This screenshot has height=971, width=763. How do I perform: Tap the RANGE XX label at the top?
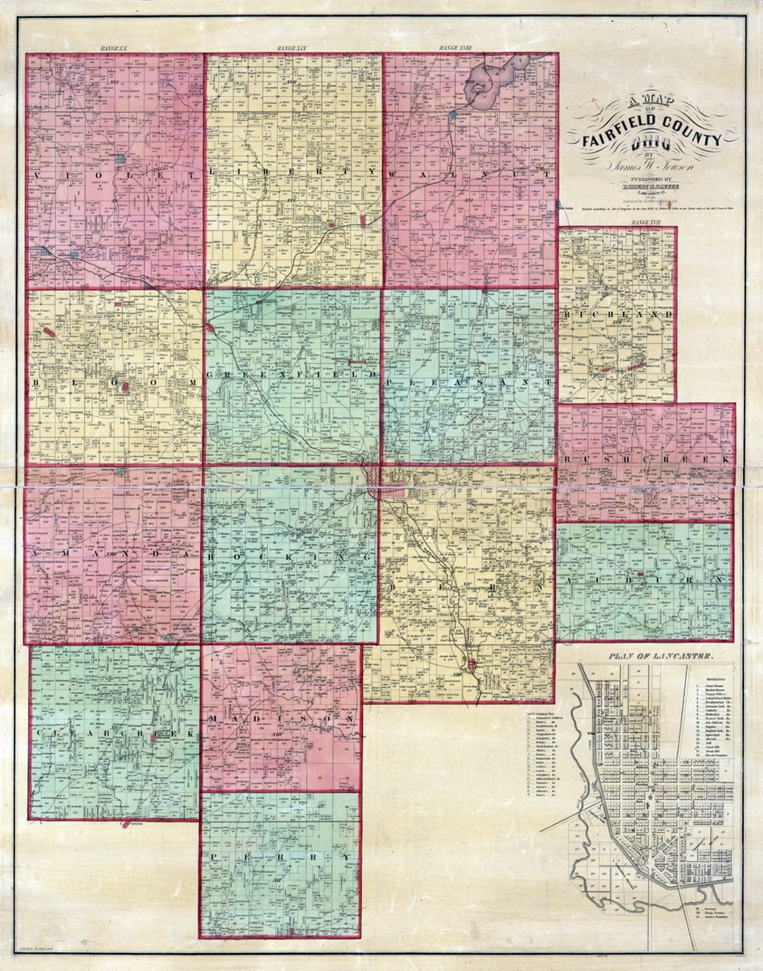(x=112, y=48)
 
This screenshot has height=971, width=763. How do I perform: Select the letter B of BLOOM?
(x=36, y=382)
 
